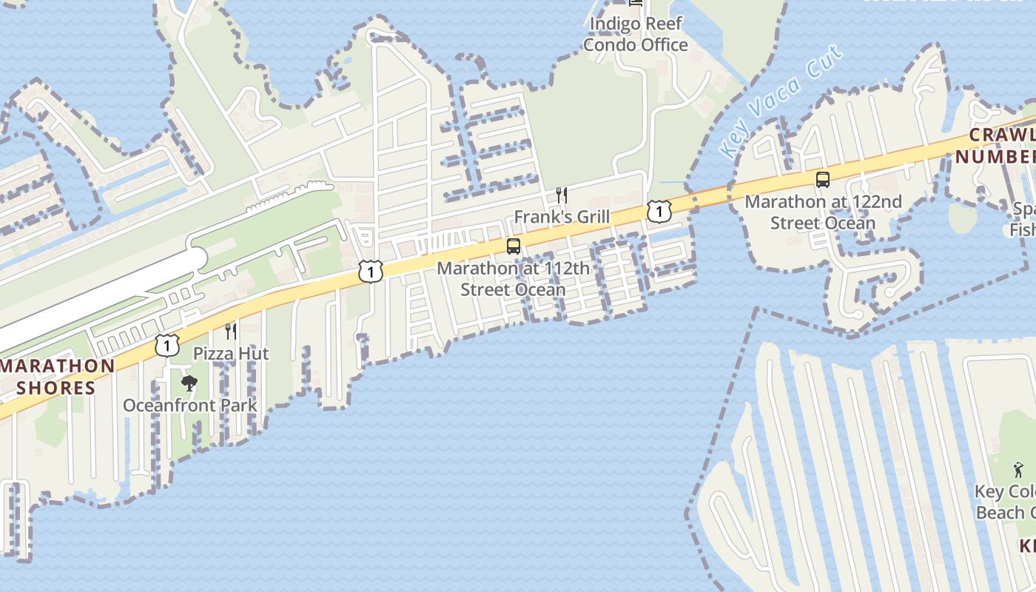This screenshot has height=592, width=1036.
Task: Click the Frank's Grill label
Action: [562, 217]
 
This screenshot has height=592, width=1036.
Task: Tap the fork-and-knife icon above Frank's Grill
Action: [562, 195]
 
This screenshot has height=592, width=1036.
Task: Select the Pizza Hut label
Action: [231, 354]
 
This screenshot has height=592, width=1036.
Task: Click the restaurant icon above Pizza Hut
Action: [231, 331]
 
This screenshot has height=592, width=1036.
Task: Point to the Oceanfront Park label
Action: [190, 406]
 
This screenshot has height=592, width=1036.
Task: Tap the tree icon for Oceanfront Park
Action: [189, 383]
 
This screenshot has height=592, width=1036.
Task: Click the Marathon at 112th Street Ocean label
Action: [514, 278]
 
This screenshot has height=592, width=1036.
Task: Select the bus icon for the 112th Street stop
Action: [514, 246]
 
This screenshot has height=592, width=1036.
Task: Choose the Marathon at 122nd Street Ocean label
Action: [823, 212]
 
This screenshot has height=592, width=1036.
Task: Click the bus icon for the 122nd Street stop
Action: [822, 179]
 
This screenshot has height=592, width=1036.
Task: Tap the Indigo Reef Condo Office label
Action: [636, 34]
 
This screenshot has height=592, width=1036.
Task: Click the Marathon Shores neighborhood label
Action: [57, 377]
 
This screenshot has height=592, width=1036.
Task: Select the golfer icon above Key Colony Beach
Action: [1019, 469]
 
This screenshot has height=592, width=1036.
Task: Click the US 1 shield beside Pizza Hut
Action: [167, 344]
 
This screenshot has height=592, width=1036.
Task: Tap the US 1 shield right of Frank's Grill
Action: [659, 212]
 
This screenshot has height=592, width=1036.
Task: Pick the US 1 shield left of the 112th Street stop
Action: [371, 272]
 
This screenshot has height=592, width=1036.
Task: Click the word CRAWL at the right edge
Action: [1002, 135]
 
